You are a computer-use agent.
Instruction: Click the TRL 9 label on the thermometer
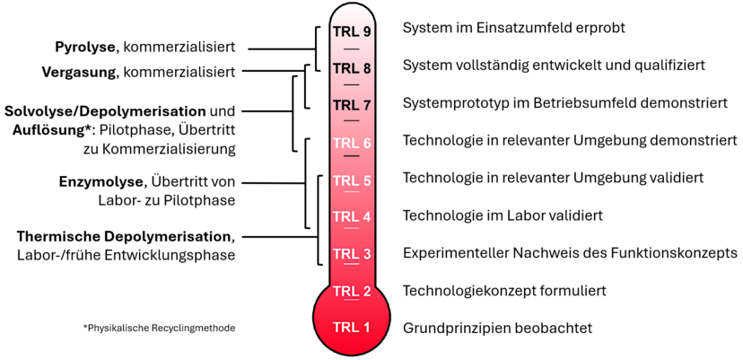[352, 31]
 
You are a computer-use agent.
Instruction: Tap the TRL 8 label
[352, 67]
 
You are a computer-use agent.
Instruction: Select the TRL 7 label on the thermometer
[352, 104]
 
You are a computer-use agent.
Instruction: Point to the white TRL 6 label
[352, 142]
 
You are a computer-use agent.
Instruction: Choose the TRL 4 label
[352, 216]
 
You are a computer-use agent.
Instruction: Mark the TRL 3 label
[352, 253]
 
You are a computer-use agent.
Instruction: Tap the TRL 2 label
[352, 291]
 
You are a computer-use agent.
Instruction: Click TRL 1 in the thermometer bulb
[352, 327]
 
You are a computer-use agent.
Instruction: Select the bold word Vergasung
[78, 71]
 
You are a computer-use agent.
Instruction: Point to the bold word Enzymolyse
[101, 182]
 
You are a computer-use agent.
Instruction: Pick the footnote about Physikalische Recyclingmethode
[159, 328]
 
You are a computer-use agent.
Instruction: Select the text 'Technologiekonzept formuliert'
[505, 291]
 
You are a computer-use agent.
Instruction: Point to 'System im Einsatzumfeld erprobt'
[513, 29]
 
